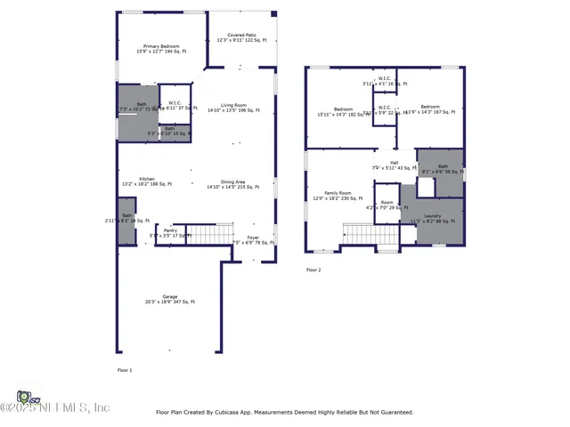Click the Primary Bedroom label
[158, 46]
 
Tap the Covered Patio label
[242, 36]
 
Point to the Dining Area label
[232, 181]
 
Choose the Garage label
[168, 297]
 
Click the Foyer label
[253, 238]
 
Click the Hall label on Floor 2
[393, 163]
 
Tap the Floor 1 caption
[125, 369]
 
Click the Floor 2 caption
[313, 270]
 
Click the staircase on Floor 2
[360, 233]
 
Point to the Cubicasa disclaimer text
[284, 412]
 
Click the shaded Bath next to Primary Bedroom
[136, 109]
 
